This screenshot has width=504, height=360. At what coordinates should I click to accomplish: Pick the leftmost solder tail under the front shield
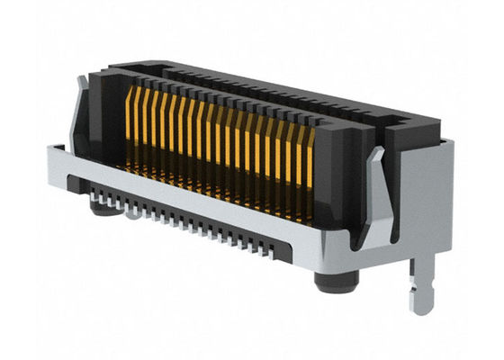tap(97, 190)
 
